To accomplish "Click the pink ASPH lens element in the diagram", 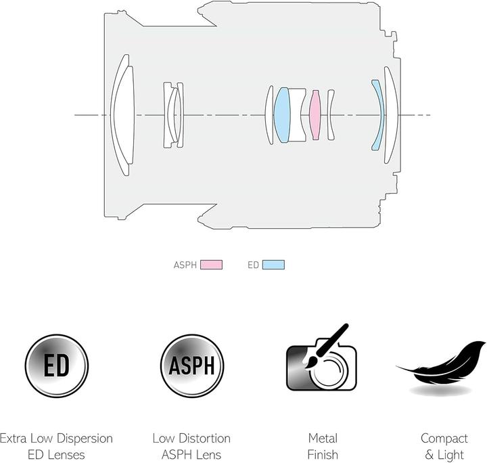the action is tap(315, 115).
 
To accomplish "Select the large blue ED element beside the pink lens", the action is tap(281, 115).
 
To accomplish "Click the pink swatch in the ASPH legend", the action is tap(212, 265).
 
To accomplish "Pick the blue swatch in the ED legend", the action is tap(273, 265).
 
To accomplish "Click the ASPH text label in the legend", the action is tap(185, 265).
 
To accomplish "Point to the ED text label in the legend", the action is tap(253, 265).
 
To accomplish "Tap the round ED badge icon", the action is tap(57, 366).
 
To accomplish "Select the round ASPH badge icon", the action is tap(192, 366).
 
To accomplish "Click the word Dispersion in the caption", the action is tap(85, 439).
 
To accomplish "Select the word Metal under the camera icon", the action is tap(323, 439).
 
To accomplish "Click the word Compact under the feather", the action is tap(444, 439).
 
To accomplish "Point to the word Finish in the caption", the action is tap(323, 455).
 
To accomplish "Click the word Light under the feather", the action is tap(451, 456).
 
